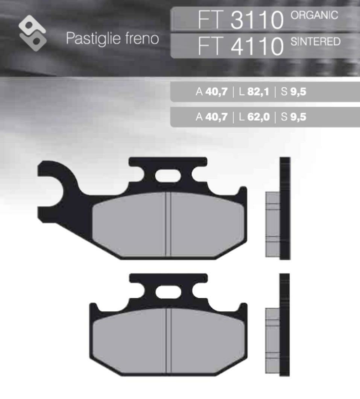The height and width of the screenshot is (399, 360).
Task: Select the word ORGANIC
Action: (x=315, y=15)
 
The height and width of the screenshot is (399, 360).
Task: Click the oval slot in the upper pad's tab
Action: (x=168, y=177)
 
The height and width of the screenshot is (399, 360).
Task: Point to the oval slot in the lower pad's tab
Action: (x=168, y=291)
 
